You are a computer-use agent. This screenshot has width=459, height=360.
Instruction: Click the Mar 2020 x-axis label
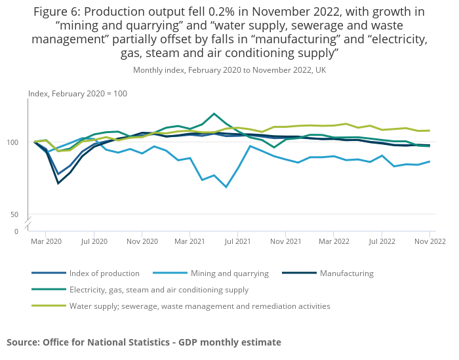[x=46, y=241]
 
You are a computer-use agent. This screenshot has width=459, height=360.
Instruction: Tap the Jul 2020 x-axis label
[x=94, y=241]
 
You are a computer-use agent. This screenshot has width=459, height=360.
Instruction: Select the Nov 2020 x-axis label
[x=142, y=241]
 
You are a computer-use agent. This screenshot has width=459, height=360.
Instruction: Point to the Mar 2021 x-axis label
[x=190, y=241]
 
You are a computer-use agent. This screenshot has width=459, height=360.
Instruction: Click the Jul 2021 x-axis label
[x=237, y=241]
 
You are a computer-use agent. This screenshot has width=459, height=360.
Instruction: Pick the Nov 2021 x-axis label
[x=285, y=241]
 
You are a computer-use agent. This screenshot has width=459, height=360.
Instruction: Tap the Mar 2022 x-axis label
[x=334, y=241]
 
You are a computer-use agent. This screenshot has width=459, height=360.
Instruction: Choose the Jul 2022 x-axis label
[x=382, y=241]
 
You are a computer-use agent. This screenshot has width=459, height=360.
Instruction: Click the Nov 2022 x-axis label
[x=429, y=241]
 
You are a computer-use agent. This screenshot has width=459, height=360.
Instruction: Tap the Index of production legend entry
[x=104, y=273]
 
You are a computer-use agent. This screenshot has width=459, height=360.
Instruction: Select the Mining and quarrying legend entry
[x=229, y=273]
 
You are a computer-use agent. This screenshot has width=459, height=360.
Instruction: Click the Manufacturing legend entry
[x=346, y=273]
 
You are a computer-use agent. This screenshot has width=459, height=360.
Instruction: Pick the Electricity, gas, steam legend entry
[x=159, y=289]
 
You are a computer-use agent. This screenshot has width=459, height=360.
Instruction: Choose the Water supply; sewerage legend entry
[x=199, y=306]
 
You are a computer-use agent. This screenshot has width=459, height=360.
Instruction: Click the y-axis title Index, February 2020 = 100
[x=77, y=94]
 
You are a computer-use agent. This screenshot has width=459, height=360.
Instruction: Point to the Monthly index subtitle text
[x=229, y=70]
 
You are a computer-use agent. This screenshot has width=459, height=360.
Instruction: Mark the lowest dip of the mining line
[x=226, y=187]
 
